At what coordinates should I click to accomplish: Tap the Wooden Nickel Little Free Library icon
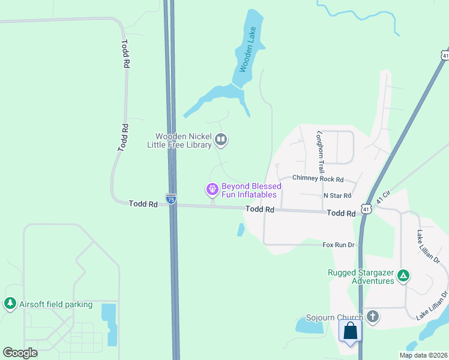coord(221,140)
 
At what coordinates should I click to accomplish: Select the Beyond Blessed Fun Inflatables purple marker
coord(212,190)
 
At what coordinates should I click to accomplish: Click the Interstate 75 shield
coord(171,200)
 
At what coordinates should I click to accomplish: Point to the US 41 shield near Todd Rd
coord(366,209)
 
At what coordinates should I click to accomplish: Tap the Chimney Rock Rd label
coord(318,179)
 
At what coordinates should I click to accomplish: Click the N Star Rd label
coord(337,196)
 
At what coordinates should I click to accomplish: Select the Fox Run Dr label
coord(339,245)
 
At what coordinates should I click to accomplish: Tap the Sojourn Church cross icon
coord(373,316)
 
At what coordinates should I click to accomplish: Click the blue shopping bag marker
coord(351,331)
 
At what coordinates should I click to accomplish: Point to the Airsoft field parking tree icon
coord(10,304)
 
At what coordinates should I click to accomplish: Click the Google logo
coord(20,352)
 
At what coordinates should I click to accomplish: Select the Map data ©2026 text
coord(423,355)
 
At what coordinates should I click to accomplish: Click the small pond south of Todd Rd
coord(241,229)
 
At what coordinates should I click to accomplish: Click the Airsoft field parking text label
coord(56,304)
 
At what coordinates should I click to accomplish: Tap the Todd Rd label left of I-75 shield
coord(143,204)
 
